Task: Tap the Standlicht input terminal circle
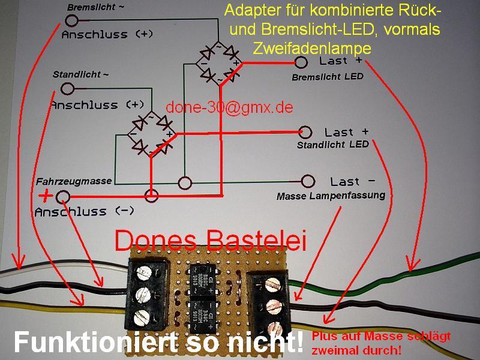[x=68, y=89]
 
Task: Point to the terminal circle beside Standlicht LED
[x=305, y=132]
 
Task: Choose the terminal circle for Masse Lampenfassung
[x=308, y=181]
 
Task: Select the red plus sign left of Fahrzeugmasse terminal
[x=45, y=196]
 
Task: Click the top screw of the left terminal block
[x=144, y=274]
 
